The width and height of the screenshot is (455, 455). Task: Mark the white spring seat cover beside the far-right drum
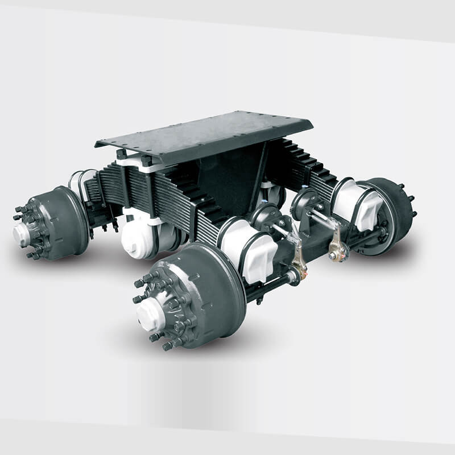tap(353, 205)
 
